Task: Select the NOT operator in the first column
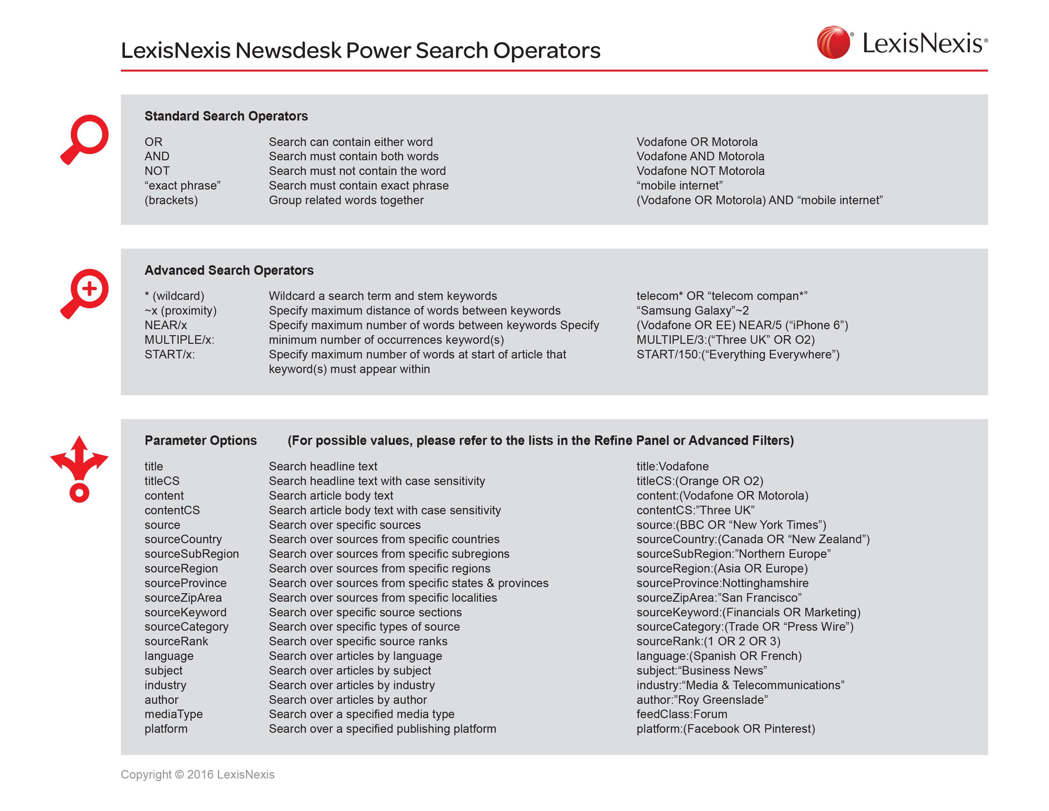coord(157,171)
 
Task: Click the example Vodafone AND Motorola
coord(700,156)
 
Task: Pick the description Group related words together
coord(346,200)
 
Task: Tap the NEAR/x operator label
coord(165,325)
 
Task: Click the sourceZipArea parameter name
coord(183,598)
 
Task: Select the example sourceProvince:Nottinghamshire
coord(722,583)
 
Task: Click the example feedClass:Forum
coord(681,714)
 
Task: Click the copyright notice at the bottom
coord(197,774)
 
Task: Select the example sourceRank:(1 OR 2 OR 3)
coord(708,641)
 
